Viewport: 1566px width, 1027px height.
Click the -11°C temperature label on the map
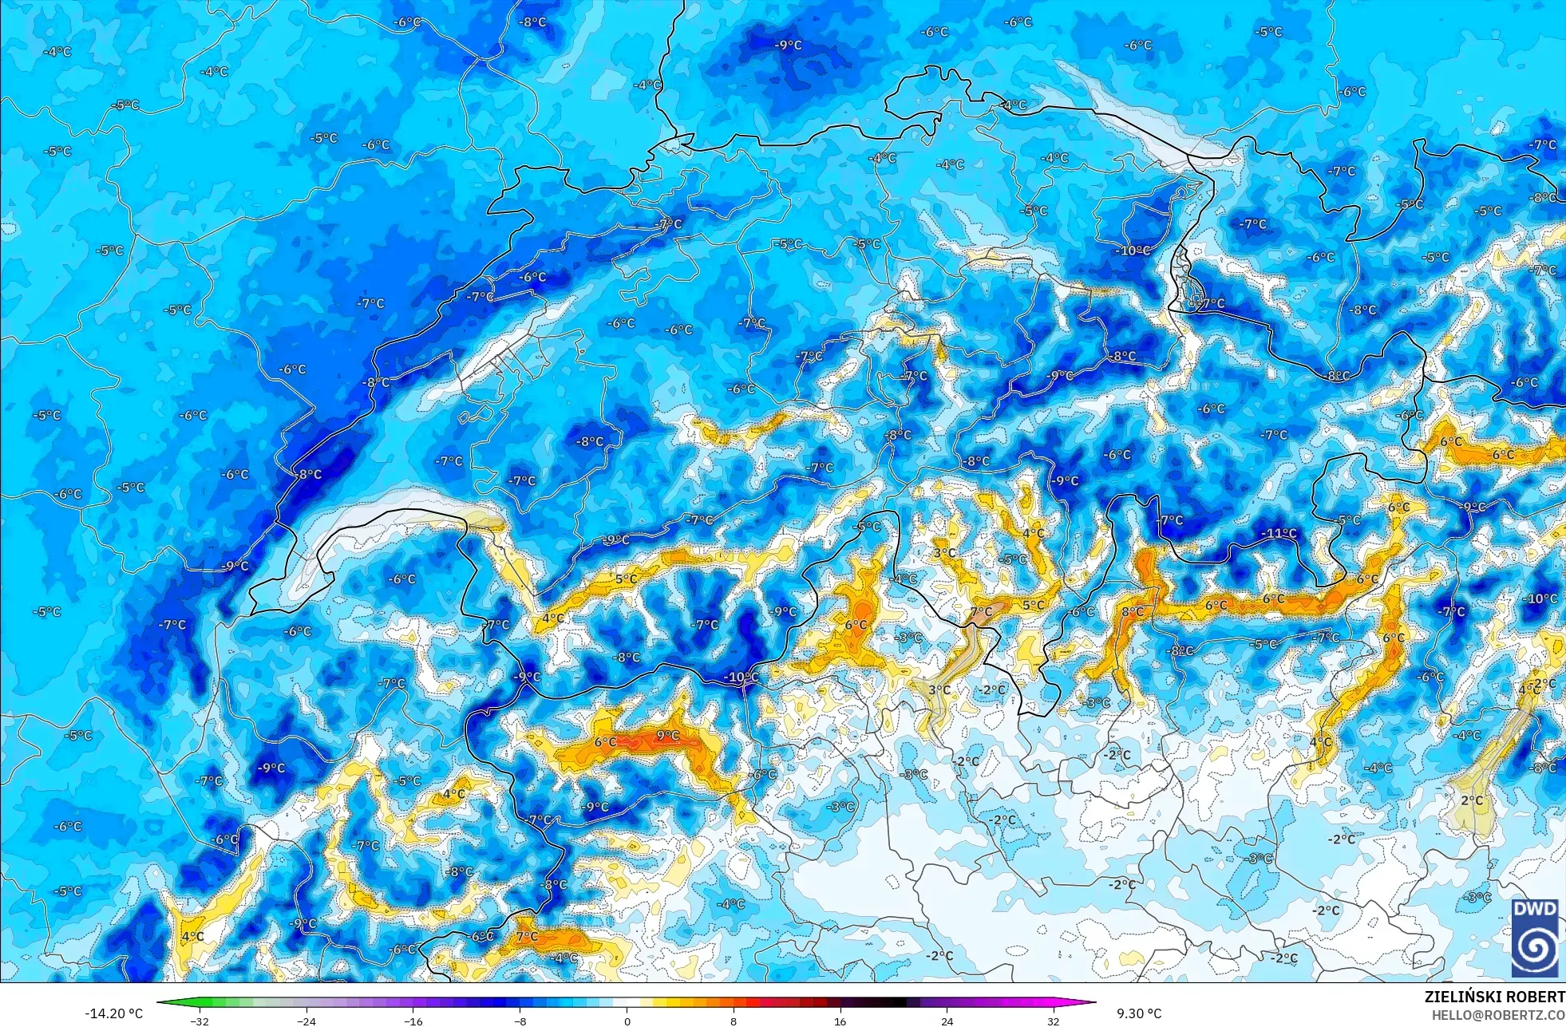point(1279,533)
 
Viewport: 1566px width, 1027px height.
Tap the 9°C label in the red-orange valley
point(668,736)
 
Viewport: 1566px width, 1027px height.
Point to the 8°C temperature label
point(1132,612)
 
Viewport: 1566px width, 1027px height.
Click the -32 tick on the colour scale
point(200,1021)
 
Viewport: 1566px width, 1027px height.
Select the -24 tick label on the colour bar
point(306,1021)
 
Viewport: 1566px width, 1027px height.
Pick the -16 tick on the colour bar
point(413,1021)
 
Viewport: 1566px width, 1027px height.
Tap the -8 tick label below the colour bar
point(520,1021)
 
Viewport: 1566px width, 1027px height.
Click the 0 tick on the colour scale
point(627,1021)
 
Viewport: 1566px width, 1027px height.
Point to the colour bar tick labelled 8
point(734,1021)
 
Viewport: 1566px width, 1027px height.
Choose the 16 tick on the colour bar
point(840,1021)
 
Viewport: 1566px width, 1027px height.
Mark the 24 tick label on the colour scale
point(947,1021)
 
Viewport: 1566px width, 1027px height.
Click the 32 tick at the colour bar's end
point(1054,1021)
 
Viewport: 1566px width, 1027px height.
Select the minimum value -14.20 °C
point(113,1013)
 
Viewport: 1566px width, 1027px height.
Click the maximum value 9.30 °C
point(1139,1013)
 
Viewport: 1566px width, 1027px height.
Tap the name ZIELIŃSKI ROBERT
point(1494,997)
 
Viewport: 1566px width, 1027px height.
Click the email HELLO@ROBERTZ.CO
point(1497,1015)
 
